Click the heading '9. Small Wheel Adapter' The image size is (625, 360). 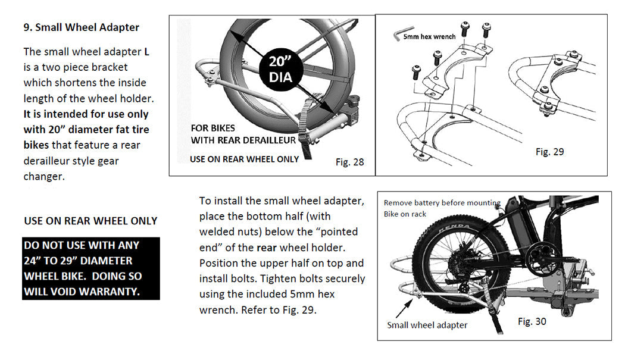tap(81, 27)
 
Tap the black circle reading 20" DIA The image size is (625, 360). tap(280, 68)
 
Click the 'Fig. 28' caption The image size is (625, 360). tap(349, 162)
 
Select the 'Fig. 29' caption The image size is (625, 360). tap(549, 152)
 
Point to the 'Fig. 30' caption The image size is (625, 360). tap(532, 321)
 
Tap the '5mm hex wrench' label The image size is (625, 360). tap(429, 37)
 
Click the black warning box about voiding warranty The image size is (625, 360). tap(90, 268)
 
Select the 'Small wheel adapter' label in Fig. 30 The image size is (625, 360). tap(427, 325)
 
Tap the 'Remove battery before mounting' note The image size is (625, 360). tap(442, 203)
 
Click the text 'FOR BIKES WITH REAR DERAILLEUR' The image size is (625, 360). tap(243, 134)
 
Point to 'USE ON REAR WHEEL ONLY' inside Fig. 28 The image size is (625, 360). tap(244, 159)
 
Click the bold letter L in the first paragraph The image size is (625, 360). tap(147, 52)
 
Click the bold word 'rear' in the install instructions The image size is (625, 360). tap(267, 247)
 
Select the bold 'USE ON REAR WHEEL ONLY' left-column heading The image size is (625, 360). tap(90, 221)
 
